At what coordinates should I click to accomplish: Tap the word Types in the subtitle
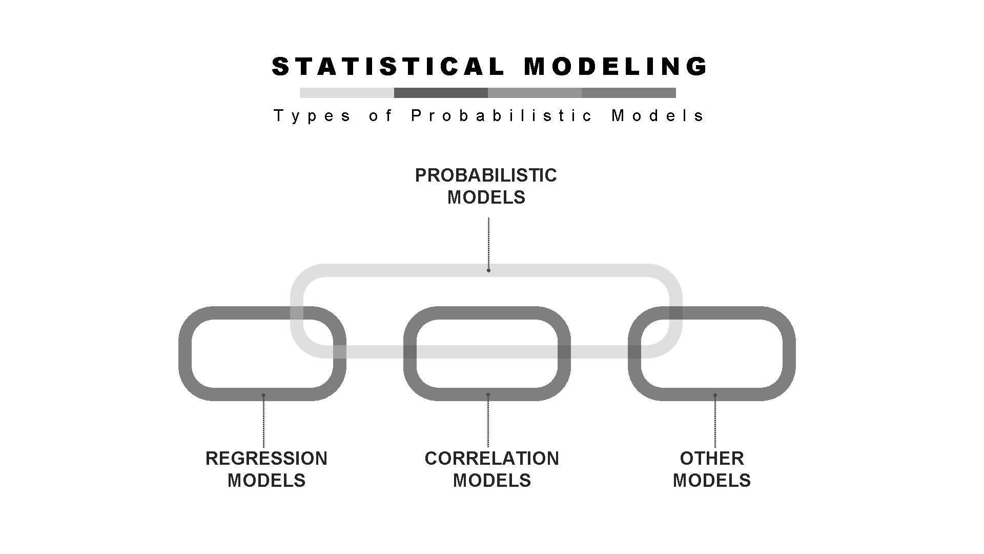point(312,116)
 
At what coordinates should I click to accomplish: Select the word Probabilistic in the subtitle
point(502,116)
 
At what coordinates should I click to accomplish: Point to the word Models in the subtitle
point(658,116)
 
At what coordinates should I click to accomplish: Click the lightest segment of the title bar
point(347,93)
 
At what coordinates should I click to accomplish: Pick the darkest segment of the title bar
point(441,93)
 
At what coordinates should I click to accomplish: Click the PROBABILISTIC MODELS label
point(486,186)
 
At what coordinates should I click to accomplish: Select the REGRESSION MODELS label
point(266,469)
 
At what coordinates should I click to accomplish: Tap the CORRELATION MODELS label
point(491,469)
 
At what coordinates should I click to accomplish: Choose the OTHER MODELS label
point(711,469)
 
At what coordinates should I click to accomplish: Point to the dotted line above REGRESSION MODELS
point(263,423)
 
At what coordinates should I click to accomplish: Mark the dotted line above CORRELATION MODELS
point(488,423)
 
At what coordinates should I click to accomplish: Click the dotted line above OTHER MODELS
point(715,423)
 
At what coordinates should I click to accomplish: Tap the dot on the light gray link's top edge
point(488,270)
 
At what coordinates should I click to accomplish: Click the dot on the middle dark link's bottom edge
point(488,394)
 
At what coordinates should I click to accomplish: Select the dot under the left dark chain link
point(263,395)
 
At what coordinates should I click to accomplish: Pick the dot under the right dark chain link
point(715,395)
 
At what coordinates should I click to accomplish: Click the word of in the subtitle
point(380,116)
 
